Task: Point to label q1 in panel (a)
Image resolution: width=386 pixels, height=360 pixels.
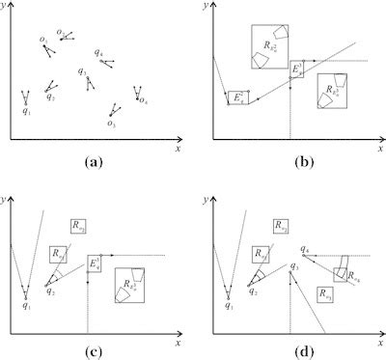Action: click(x=27, y=112)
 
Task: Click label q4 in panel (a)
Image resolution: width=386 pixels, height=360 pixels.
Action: click(x=99, y=52)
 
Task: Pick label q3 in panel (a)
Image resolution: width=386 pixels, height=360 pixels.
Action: click(x=82, y=71)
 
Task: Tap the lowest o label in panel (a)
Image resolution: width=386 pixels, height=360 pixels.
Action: click(x=112, y=124)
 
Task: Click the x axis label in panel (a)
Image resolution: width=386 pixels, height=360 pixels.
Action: click(x=178, y=150)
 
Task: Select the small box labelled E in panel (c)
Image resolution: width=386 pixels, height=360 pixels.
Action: click(x=94, y=263)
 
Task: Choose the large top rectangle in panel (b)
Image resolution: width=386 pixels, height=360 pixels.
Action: click(x=269, y=47)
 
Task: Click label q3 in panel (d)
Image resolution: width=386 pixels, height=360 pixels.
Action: click(x=292, y=264)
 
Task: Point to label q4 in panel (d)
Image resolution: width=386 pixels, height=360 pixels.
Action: click(x=304, y=247)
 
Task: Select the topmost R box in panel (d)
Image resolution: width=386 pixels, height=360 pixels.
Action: click(x=280, y=227)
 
